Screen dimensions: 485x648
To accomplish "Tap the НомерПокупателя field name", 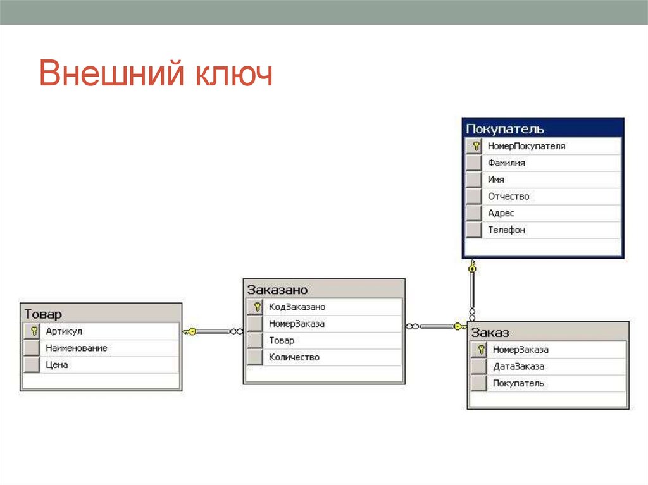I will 526,146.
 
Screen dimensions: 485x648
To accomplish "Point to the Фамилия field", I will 506,163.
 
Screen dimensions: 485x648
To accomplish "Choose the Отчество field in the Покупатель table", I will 508,197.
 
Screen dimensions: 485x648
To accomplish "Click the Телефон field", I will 506,230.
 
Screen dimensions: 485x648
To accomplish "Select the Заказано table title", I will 278,290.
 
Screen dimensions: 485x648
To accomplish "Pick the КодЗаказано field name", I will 297,307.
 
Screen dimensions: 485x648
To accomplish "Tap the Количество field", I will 294,357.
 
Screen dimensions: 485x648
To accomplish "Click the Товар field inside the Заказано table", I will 282,341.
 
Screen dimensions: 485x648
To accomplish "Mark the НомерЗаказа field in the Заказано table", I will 296,324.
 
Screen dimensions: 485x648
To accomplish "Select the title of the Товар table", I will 43,314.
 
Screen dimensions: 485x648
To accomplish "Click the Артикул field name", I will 64,331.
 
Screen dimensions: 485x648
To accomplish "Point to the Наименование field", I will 76,348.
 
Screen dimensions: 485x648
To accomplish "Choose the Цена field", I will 56,365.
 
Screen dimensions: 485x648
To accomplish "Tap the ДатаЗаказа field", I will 518,366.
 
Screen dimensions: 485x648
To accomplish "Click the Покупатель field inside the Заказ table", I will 518,383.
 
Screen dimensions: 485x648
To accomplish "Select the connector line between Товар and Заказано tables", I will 213,331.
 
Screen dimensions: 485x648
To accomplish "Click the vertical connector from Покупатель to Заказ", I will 472,291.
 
